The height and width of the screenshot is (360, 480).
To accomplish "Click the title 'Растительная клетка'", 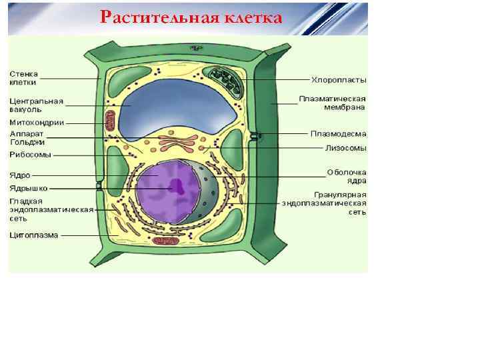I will coord(191,17).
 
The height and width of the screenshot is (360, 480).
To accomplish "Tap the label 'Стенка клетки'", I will coord(23,78).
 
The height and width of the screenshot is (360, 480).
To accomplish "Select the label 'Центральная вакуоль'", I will coord(36,105).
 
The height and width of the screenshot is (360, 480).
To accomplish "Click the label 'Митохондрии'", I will coord(37,122).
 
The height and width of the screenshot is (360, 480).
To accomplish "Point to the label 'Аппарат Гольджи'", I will coord(27,137).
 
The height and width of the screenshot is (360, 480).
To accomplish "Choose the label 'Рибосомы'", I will coord(30,155).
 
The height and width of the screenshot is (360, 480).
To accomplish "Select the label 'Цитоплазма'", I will coord(34,235).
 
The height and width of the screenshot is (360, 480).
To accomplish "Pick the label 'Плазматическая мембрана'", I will coord(332,103).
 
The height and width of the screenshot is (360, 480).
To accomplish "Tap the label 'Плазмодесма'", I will coord(338,133).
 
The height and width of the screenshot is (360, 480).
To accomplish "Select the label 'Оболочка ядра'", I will coord(347,176).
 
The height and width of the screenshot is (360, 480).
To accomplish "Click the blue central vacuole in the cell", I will coord(177,103).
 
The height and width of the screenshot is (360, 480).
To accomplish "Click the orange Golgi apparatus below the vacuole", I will coord(177,142).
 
